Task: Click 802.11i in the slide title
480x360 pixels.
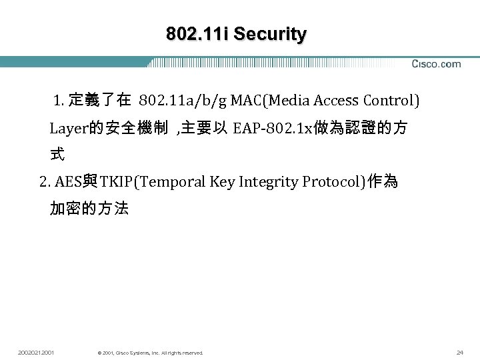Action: point(197,34)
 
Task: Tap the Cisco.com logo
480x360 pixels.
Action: point(436,64)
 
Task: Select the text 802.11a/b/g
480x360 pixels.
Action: point(183,101)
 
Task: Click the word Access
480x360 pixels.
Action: point(337,101)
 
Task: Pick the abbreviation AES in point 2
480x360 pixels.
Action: point(69,182)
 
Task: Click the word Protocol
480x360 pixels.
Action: point(331,182)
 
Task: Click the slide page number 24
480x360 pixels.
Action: point(459,352)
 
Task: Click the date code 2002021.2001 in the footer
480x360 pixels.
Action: point(37,352)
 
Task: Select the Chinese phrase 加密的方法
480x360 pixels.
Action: point(89,209)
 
